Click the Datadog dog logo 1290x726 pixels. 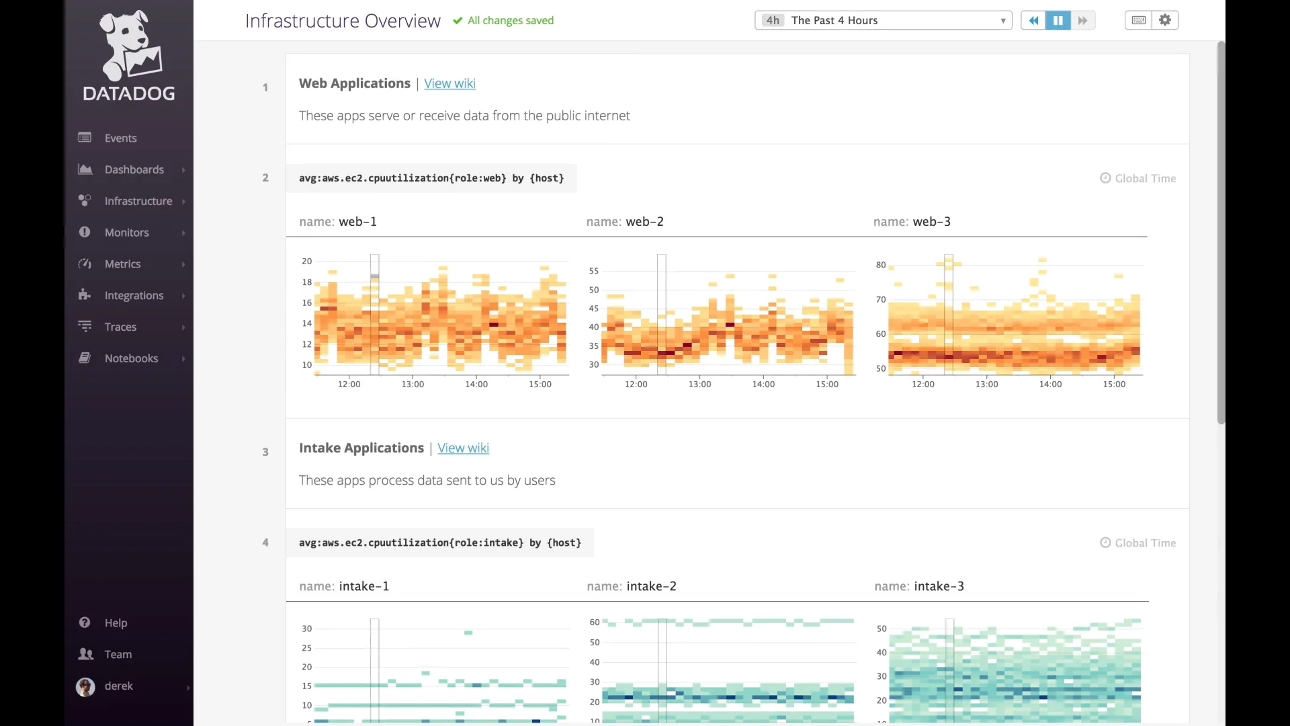click(x=129, y=46)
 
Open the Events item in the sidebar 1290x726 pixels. click(x=120, y=138)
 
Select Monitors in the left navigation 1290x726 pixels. click(x=126, y=233)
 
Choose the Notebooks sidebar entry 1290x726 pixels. click(x=131, y=358)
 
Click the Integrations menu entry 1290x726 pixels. click(x=134, y=296)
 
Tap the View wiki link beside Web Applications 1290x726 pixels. click(x=449, y=83)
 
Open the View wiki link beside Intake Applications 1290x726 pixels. click(x=463, y=448)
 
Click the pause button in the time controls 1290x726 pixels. click(x=1058, y=20)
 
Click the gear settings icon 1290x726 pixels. click(x=1165, y=20)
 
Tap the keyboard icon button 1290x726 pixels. click(x=1138, y=20)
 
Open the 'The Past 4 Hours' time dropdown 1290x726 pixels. click(x=883, y=20)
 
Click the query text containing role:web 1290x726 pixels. click(x=431, y=178)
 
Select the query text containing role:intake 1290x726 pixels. click(x=440, y=543)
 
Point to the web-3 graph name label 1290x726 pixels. click(x=912, y=222)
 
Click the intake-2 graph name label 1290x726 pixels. click(x=632, y=587)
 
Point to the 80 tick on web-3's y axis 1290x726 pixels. click(x=880, y=265)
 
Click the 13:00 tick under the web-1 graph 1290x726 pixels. click(x=413, y=385)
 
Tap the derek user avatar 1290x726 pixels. click(x=85, y=686)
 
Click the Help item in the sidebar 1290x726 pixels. click(x=116, y=623)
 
